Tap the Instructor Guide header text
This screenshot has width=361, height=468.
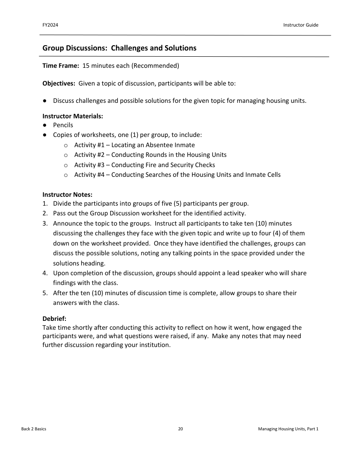(x=300, y=25)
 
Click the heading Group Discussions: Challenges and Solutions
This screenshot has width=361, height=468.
(x=119, y=48)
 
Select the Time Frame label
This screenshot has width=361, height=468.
(x=61, y=66)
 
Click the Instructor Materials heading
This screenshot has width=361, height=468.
(x=73, y=116)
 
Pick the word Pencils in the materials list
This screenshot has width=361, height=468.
(x=63, y=125)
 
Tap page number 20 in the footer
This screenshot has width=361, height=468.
(x=180, y=429)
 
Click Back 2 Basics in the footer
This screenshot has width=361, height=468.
(x=34, y=429)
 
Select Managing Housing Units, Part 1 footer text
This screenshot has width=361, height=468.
(x=288, y=429)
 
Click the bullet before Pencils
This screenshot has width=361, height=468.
(x=45, y=125)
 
